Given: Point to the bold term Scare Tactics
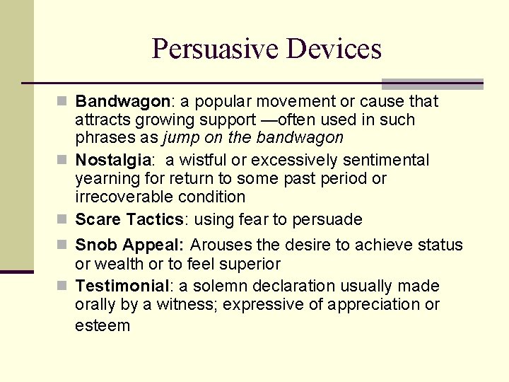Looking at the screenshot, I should [x=129, y=219].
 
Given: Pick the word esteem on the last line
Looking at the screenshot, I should [x=103, y=325].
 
